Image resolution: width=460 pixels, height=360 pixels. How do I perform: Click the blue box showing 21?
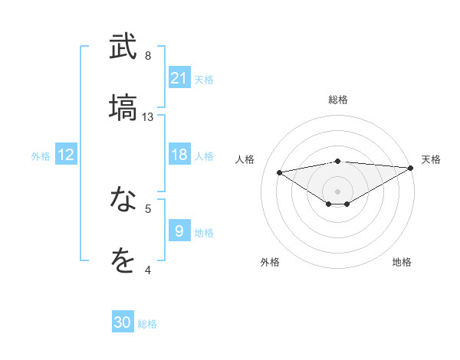pyautogui.click(x=179, y=78)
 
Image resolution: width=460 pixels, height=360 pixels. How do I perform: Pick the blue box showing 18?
pyautogui.click(x=179, y=155)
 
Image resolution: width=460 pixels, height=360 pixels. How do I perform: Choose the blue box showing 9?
pyautogui.click(x=179, y=231)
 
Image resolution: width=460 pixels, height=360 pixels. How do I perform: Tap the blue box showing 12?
pyautogui.click(x=66, y=155)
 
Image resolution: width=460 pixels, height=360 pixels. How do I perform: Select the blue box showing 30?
pyautogui.click(x=123, y=322)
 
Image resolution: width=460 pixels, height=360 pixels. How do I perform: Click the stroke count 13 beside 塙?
pyautogui.click(x=148, y=117)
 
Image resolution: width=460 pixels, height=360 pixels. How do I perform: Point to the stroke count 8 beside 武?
pyautogui.click(x=147, y=56)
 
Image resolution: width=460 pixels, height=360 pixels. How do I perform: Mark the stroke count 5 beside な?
pyautogui.click(x=147, y=208)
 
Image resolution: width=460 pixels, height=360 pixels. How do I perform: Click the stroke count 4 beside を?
pyautogui.click(x=147, y=270)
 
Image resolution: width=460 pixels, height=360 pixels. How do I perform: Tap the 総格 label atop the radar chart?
pyautogui.click(x=338, y=100)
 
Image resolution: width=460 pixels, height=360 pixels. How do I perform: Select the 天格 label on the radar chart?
pyautogui.click(x=431, y=159)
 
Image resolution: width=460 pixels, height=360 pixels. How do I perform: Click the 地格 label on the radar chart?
pyautogui.click(x=402, y=262)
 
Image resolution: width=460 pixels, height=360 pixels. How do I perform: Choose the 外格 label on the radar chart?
pyautogui.click(x=270, y=262)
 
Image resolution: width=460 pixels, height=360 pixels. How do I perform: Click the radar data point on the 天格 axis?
pyautogui.click(x=411, y=168)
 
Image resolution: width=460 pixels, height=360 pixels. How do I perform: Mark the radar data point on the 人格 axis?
pyautogui.click(x=280, y=172)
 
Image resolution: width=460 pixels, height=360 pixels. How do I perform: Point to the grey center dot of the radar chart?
pyautogui.click(x=338, y=191)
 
